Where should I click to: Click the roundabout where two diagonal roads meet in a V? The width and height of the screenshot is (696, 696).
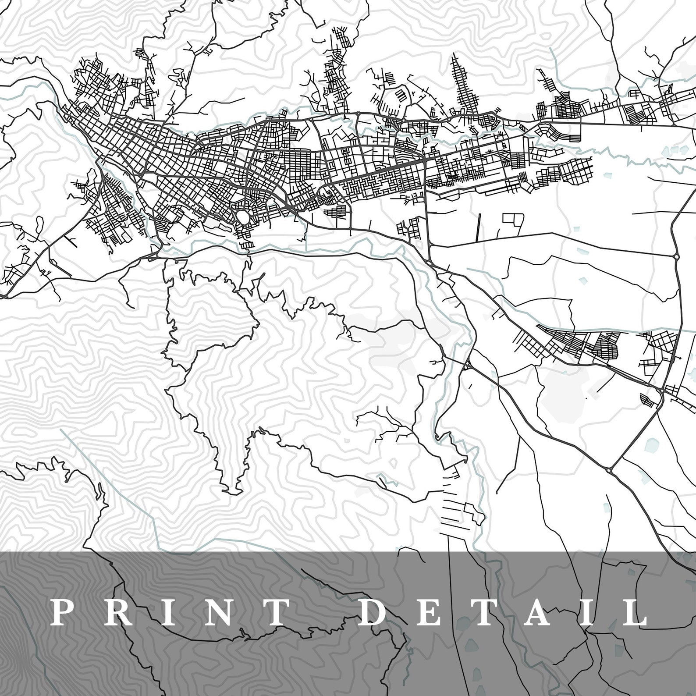tap(610, 469)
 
